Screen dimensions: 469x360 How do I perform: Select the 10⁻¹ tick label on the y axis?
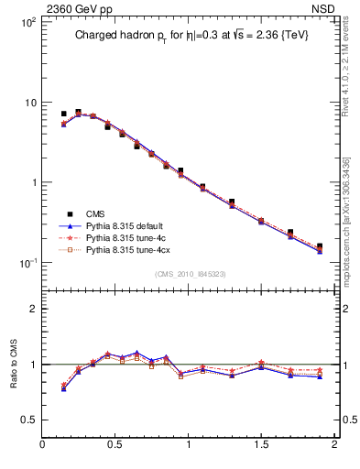click(x=27, y=263)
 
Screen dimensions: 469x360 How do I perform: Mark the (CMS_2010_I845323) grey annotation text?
click(x=188, y=273)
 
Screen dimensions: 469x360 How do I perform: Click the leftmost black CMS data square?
click(x=63, y=114)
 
